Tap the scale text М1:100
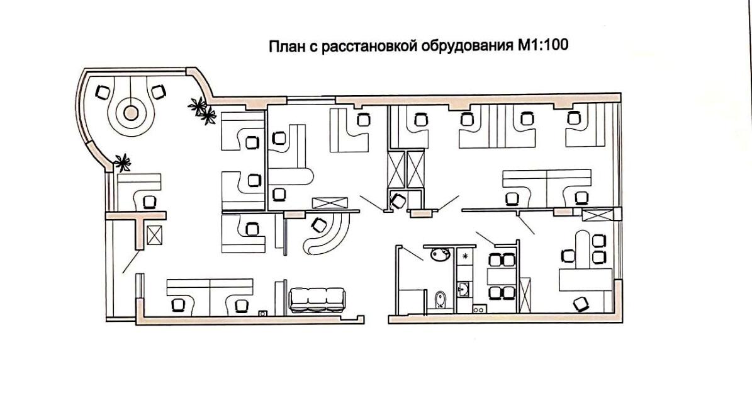[544, 47]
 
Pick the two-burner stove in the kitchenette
[478, 309]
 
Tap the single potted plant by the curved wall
[122, 162]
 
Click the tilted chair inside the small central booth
[398, 202]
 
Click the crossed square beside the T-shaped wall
[154, 236]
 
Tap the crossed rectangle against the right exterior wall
[597, 215]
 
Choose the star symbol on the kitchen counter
[465, 256]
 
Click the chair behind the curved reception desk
[319, 222]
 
